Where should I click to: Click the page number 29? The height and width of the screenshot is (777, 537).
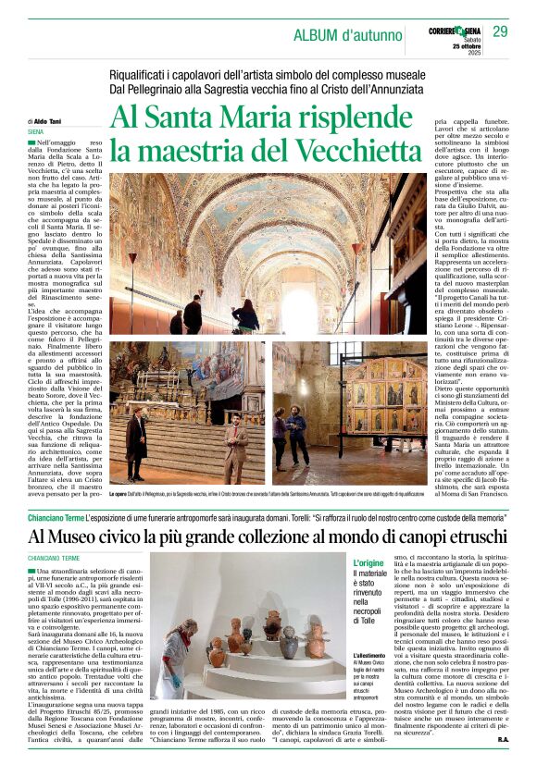pyautogui.click(x=501, y=31)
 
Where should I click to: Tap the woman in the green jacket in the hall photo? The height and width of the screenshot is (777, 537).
pyautogui.click(x=245, y=316)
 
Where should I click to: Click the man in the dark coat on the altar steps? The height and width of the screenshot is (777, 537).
pyautogui.click(x=136, y=442)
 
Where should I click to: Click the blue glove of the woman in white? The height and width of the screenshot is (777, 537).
pyautogui.click(x=174, y=683)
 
